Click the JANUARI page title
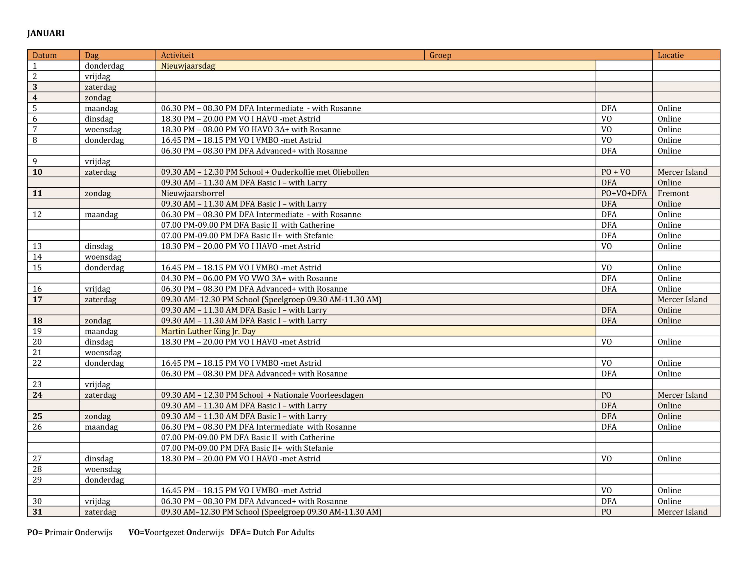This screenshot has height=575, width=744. point(46,33)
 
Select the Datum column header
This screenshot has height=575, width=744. point(45,55)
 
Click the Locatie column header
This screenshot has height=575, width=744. point(670,55)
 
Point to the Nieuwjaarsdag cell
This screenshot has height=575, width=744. point(188,66)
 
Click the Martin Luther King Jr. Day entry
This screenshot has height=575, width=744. point(208,331)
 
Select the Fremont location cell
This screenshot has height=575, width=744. point(673,193)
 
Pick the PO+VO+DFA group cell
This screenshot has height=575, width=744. point(624,193)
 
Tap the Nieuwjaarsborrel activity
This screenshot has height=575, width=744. point(193,193)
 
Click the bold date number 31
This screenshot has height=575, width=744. point(37,512)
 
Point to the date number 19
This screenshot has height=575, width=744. point(37,331)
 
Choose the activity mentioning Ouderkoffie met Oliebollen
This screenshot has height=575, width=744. point(265,172)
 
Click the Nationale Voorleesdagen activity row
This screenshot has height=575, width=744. point(262,395)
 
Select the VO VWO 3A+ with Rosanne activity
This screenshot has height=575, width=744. point(249,278)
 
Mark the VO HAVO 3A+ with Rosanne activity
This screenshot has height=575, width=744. point(251,130)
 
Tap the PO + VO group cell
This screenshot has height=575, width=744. point(616,172)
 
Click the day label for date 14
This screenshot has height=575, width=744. point(103,257)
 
